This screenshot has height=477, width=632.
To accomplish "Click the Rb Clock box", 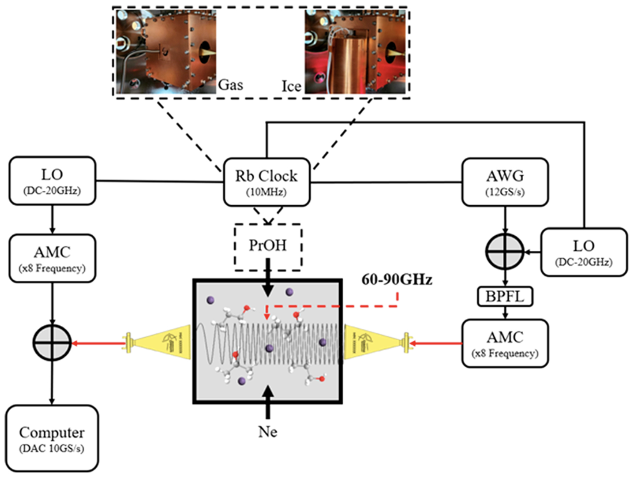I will pos(266,182).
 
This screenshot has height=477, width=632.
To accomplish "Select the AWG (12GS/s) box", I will pos(505,182).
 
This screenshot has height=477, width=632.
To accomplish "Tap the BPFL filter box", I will pos(505,297).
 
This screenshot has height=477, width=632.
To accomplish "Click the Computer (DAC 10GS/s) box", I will pos(52,438).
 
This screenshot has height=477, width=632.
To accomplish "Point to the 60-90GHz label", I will pos(397,280).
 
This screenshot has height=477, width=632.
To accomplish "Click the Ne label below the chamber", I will pos(268,432).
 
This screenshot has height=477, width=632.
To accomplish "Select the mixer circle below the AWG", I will pos(505,251).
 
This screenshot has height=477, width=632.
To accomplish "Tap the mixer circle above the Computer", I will pos(52,343).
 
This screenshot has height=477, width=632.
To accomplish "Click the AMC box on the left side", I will pos(52,258).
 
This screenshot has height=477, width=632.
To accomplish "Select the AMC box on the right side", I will pos(505,343).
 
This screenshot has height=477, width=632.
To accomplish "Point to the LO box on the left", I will pos(52,181).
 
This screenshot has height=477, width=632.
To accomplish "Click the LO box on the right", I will pos(584,252).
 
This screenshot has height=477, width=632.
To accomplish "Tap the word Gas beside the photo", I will pos(230,85).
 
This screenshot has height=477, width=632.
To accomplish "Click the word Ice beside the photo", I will pos(291,86).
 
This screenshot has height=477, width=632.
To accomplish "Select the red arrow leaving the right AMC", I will pos(436,343).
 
